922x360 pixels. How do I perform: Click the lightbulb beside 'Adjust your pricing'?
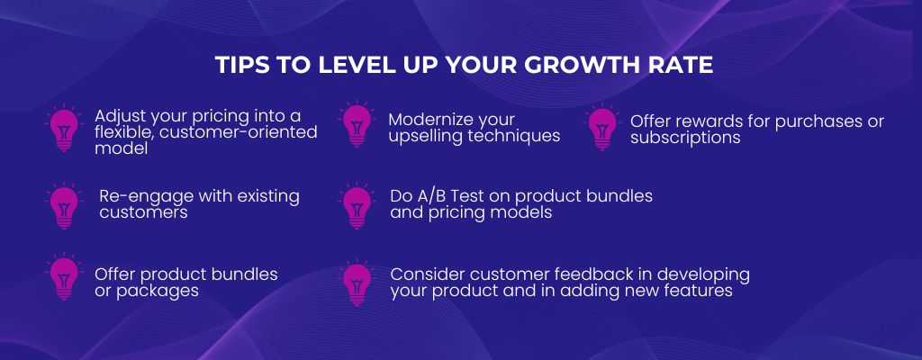tap(64, 128)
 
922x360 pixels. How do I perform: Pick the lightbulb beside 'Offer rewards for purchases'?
tap(602, 127)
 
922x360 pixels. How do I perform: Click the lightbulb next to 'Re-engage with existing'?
tap(64, 205)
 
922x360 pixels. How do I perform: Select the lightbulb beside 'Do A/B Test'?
tap(357, 205)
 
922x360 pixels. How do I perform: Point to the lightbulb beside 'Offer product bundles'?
tap(64, 277)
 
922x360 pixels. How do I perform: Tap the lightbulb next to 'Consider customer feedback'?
tap(357, 283)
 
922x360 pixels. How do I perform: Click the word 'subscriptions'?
tap(685, 139)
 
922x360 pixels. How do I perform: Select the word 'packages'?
tap(158, 291)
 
